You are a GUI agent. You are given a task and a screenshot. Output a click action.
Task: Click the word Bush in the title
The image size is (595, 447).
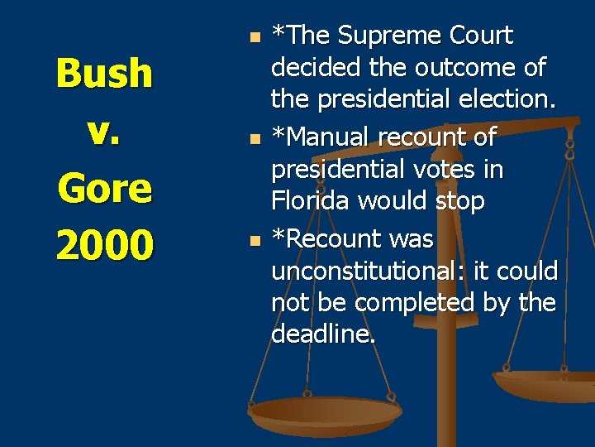[x=104, y=74]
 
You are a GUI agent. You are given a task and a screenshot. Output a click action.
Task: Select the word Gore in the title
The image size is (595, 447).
[x=104, y=189]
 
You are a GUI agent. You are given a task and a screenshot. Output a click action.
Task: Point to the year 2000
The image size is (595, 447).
[x=104, y=245]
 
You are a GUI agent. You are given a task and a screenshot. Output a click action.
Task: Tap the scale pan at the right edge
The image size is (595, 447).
[x=549, y=386]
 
